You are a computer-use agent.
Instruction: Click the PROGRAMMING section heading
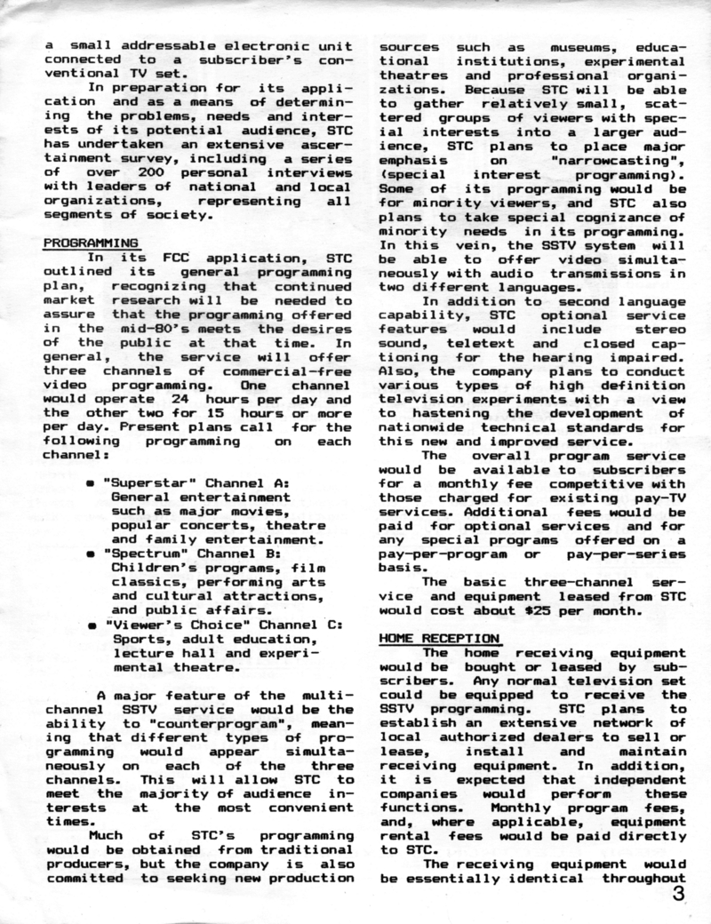click(x=91, y=242)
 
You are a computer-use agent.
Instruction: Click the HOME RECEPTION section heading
click(x=440, y=637)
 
